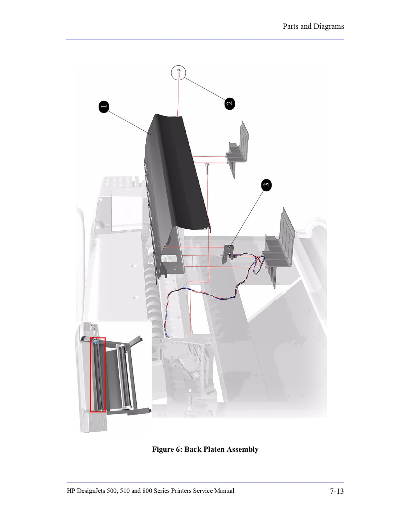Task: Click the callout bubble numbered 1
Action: tap(104, 107)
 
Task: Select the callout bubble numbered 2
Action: tap(230, 103)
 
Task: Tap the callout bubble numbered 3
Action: tap(266, 185)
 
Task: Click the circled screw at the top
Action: tap(178, 73)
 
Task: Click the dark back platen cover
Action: tap(174, 174)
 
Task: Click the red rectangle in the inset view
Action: tap(98, 375)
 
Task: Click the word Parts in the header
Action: tap(291, 27)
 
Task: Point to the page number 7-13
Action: tap(337, 491)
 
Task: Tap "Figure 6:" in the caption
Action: tap(167, 449)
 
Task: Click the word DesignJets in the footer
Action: tap(91, 491)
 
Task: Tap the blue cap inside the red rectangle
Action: tap(96, 342)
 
